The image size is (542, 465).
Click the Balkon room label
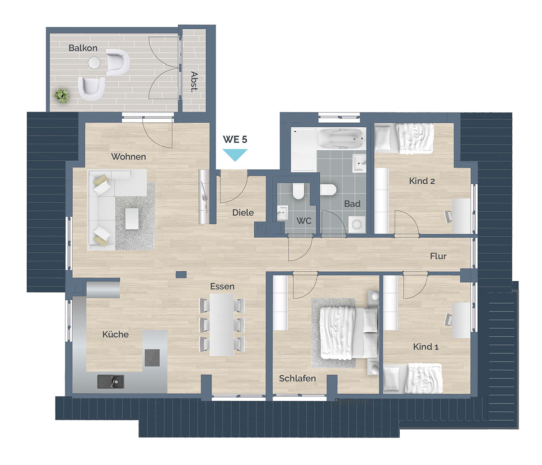pos(83,48)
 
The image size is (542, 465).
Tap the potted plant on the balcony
pos(62,95)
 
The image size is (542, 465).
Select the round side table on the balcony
pos(94,63)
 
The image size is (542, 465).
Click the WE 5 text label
pos(235,139)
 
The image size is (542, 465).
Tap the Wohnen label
pos(128,157)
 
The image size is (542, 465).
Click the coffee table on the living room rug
pos(132,219)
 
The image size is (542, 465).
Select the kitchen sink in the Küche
pos(111,381)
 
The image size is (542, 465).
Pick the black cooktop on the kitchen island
pos(152,358)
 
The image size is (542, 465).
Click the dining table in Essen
pos(222,325)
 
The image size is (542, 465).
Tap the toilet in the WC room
pos(299,191)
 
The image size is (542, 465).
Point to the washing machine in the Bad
pos(357,224)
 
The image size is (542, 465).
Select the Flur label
pos(438,256)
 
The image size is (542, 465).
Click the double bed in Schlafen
pos(349,333)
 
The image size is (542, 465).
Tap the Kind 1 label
pos(426,347)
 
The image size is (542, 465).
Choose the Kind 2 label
pos(422,181)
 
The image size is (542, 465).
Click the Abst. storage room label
pos(194,82)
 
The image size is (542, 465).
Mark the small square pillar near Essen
pos(181,274)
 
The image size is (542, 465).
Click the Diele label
pos(243,212)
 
